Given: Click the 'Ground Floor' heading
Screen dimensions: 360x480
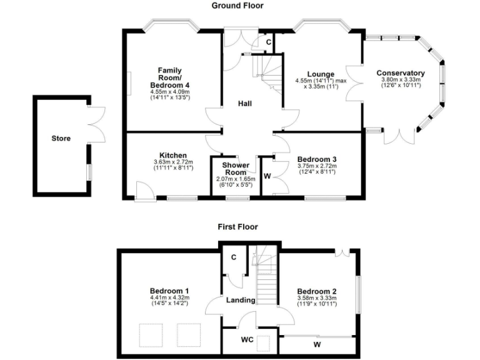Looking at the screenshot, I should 237,6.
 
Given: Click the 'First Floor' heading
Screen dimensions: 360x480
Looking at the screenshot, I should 237,227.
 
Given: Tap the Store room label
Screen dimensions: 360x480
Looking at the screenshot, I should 61,139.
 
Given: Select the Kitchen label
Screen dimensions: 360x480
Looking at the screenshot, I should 173,155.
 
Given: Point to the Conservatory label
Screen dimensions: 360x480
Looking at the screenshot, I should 401,73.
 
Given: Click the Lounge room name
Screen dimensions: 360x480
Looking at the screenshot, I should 320,74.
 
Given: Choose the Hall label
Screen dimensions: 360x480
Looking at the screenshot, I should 245,103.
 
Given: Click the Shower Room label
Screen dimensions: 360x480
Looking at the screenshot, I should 236,169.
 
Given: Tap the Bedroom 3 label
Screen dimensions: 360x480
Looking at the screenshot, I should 317,159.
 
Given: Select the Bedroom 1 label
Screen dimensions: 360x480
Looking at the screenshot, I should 169,291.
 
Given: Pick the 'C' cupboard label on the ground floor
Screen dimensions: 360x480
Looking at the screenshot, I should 268,42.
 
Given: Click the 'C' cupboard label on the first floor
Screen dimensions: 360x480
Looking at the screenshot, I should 233,257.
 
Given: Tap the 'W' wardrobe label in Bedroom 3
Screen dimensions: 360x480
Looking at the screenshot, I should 267,176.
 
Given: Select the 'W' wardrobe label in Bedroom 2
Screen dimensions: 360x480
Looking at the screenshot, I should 317,344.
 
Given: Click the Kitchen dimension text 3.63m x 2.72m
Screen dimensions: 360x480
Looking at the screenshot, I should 173,162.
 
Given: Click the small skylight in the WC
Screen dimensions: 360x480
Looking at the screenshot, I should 264,342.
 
